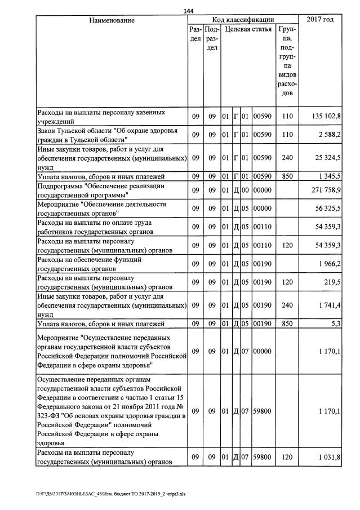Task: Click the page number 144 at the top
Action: (189, 11)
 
